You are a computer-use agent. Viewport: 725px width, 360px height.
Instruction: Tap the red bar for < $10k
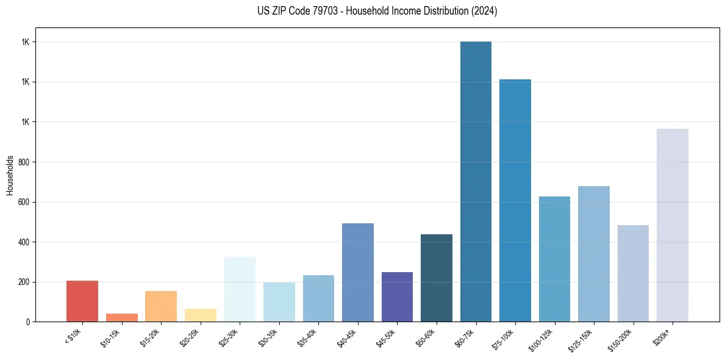pos(82,301)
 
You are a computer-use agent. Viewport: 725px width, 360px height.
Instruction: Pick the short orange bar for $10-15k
pos(122,317)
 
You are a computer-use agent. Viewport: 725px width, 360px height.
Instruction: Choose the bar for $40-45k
pos(358,272)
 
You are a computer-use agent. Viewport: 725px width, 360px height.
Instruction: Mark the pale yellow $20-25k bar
pos(201,315)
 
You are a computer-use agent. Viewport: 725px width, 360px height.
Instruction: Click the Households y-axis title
pos(10,175)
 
